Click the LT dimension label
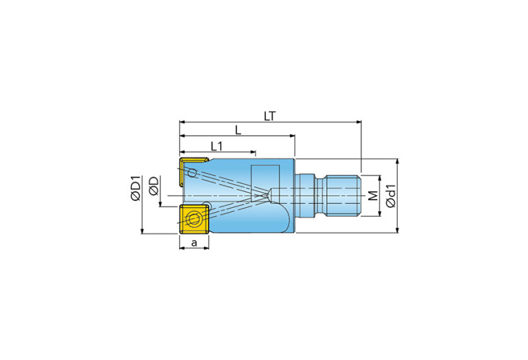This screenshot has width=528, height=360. click(x=269, y=116)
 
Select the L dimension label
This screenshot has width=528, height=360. click(x=238, y=130)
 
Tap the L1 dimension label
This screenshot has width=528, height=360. click(x=217, y=147)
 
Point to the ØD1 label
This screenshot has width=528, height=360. click(x=136, y=188)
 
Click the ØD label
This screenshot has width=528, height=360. click(x=154, y=186)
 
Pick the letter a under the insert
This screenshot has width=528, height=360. click(x=194, y=242)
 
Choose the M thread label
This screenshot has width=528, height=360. click(x=372, y=195)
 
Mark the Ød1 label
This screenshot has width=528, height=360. click(x=391, y=196)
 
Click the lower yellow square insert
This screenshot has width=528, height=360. click(x=194, y=219)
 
